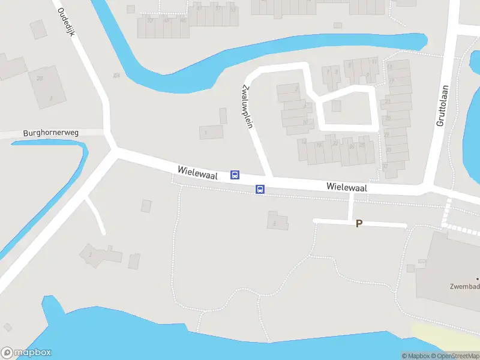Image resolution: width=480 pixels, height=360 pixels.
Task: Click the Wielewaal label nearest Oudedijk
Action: click(197, 172)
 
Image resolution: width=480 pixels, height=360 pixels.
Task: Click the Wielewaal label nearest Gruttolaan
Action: click(347, 187)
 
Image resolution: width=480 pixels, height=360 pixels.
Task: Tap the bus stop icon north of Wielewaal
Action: click(235, 175)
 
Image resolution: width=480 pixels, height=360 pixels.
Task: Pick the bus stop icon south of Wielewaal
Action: click(260, 189)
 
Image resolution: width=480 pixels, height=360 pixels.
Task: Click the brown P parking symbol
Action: click(359, 224)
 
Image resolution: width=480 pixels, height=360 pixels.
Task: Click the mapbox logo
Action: click(26, 353)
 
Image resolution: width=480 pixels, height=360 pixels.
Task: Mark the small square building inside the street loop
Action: click(336, 106)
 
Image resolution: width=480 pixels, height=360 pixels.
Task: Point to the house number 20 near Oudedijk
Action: click(40, 78)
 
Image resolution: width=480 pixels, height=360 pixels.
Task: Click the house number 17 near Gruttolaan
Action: click(391, 82)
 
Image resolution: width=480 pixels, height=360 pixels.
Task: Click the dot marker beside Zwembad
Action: click(478, 279)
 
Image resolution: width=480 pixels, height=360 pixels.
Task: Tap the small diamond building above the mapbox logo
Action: click(7, 327)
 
